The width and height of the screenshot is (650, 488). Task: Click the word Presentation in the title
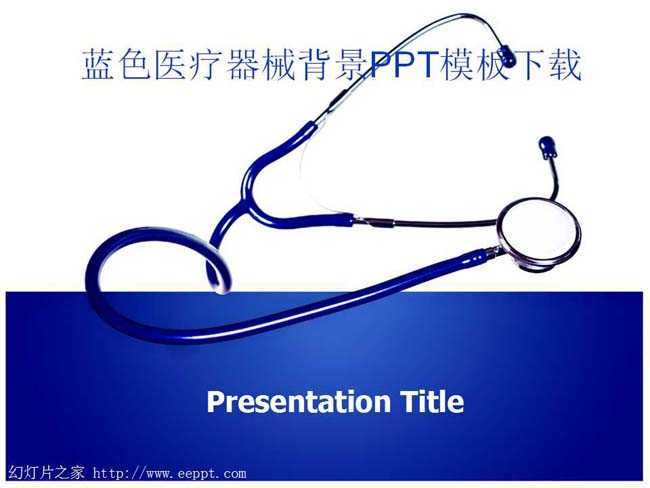(x=298, y=402)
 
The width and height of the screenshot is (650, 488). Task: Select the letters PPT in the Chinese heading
(x=404, y=65)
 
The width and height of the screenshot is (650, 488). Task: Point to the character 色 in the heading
(x=134, y=65)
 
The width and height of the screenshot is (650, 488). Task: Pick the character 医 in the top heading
(x=170, y=65)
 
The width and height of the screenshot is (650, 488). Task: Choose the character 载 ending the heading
(x=565, y=65)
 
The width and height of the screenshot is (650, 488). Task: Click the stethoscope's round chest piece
(x=538, y=235)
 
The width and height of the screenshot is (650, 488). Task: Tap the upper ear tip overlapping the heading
(x=507, y=56)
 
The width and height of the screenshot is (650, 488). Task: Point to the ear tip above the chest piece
(x=548, y=147)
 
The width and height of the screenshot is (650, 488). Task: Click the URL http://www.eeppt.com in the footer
(x=169, y=473)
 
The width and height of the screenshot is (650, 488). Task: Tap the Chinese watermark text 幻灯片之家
(x=46, y=473)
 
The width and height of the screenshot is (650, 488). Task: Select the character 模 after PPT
(x=458, y=65)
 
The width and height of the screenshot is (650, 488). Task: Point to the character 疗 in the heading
(x=206, y=65)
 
